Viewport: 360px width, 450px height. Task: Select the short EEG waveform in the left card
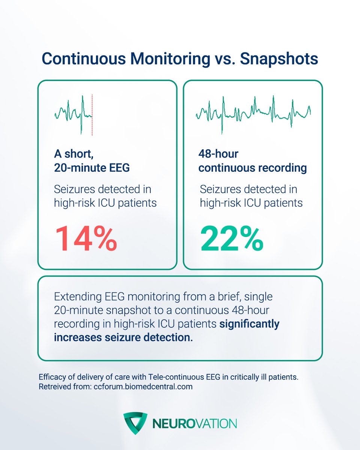73,112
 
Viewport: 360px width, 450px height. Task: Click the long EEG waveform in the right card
253,112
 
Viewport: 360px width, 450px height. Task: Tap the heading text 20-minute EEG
91,168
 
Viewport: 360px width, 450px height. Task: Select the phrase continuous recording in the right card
252,168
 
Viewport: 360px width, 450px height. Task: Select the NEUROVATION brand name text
194,424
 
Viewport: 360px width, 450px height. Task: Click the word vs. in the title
225,59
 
